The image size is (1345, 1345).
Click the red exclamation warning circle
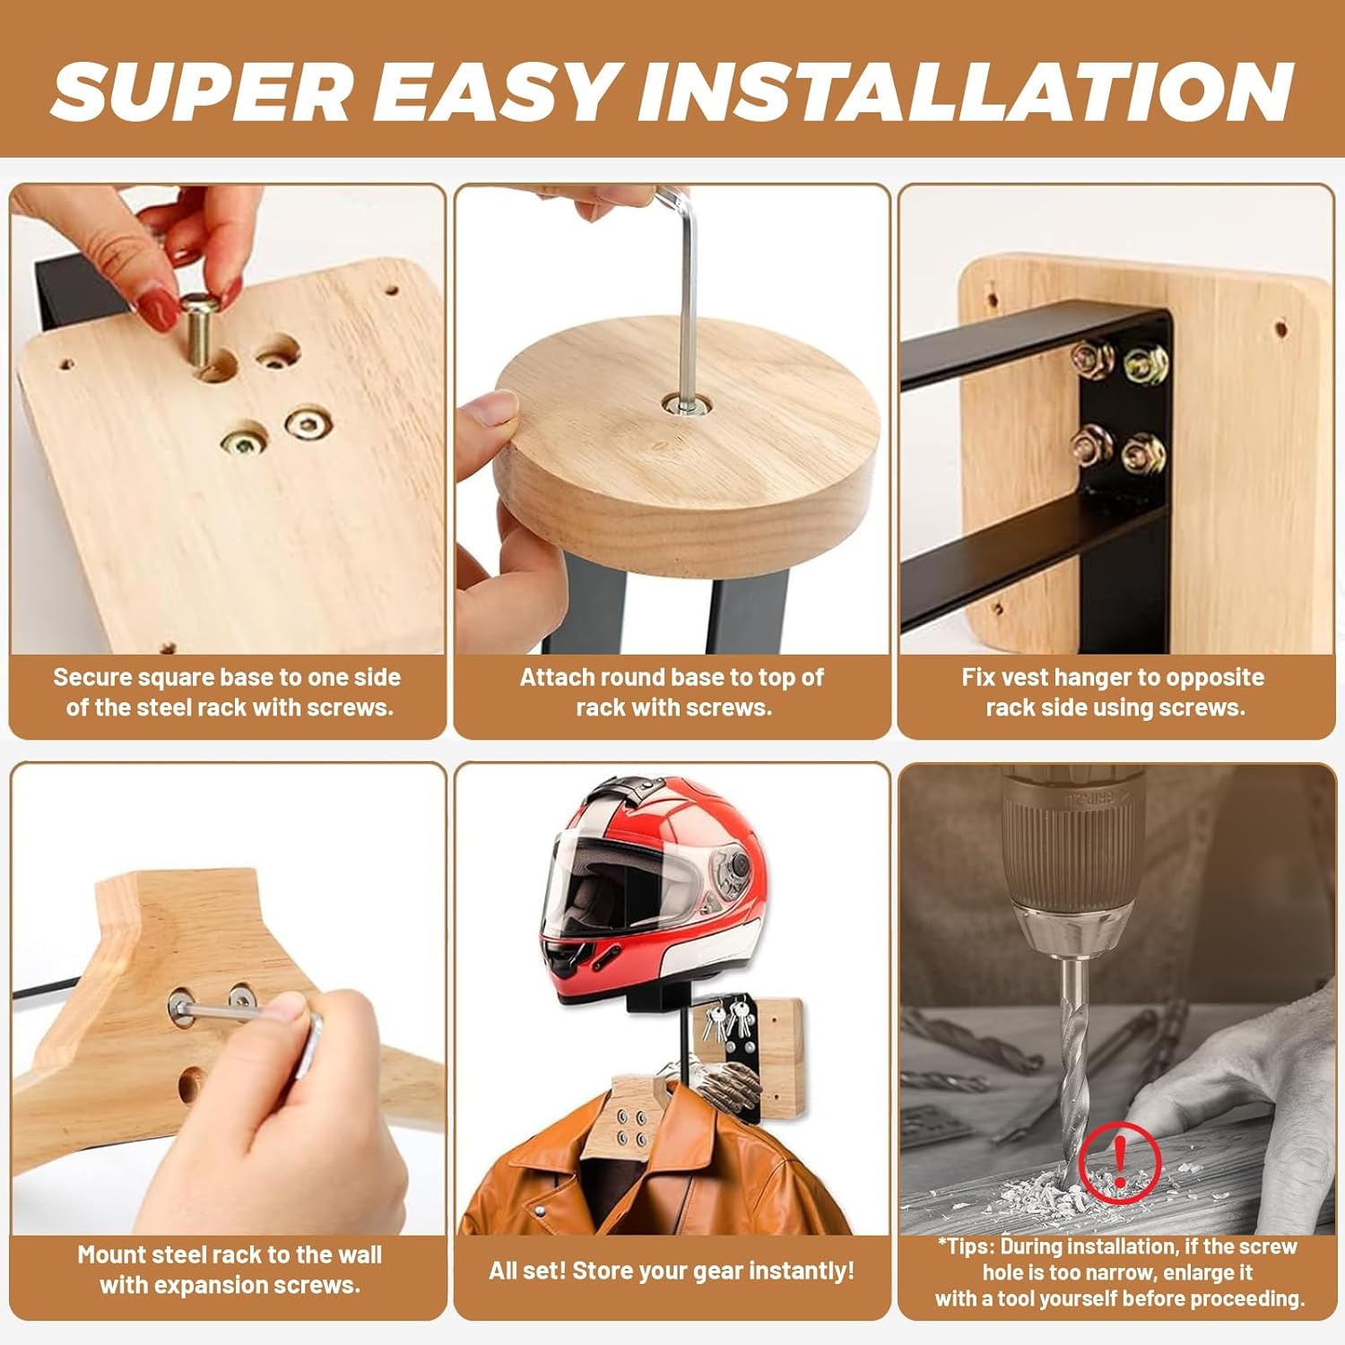(x=1120, y=1162)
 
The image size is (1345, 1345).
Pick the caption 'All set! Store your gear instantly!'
(x=672, y=1271)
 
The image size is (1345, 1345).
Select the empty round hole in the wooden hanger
(x=190, y=1085)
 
